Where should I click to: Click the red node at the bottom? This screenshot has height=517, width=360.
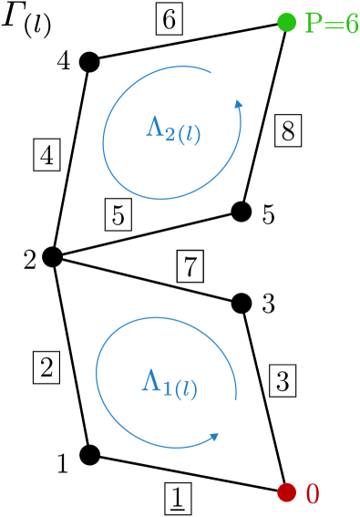(x=288, y=492)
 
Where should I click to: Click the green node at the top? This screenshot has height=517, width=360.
(x=286, y=21)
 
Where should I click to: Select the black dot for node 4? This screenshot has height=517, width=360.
(x=88, y=61)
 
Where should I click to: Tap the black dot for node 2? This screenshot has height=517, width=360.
(x=52, y=257)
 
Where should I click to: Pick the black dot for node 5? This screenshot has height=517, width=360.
(x=241, y=212)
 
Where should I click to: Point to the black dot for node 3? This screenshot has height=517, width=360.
(x=242, y=302)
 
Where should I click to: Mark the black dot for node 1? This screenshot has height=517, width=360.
(x=89, y=453)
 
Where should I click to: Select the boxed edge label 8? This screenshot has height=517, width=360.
(x=287, y=133)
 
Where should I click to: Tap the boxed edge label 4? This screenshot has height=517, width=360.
(x=46, y=155)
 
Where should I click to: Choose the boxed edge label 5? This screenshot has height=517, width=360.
(x=118, y=214)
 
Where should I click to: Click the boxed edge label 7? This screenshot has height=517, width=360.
(x=190, y=267)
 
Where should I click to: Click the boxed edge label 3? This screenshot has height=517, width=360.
(x=283, y=380)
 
